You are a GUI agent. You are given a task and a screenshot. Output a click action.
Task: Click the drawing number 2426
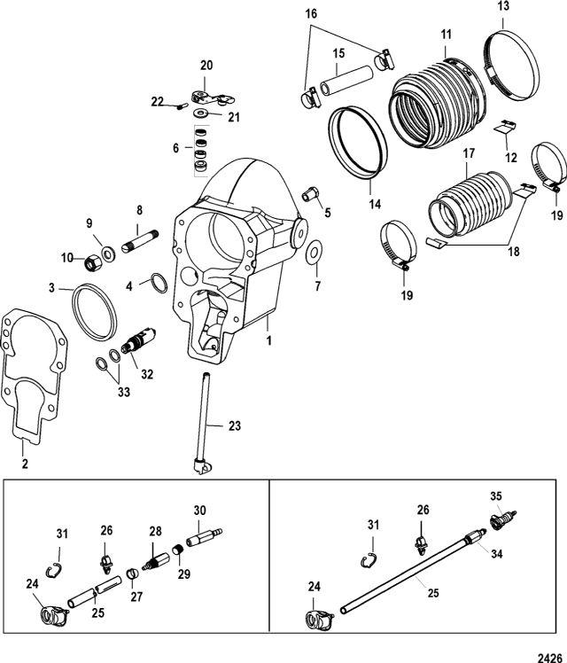click(550, 655)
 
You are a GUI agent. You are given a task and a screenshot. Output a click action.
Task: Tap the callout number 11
click(446, 35)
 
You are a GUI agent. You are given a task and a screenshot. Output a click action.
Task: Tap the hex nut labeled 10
click(89, 262)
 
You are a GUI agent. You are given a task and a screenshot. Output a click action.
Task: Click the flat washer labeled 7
click(314, 255)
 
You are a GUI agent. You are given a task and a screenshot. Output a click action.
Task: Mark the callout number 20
click(206, 65)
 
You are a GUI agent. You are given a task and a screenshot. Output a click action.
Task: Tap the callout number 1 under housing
click(268, 339)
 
